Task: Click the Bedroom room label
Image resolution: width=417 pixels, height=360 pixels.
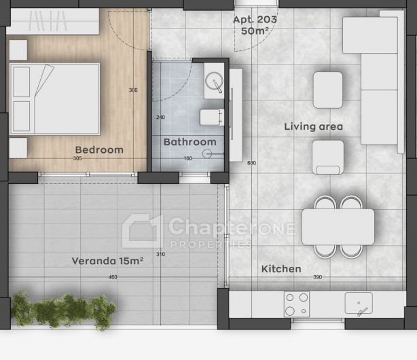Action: tap(99, 150)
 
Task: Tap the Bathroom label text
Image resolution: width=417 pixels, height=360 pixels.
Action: tap(190, 142)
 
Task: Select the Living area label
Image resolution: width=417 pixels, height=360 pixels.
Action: tap(314, 126)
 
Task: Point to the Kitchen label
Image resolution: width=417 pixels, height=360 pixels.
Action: tap(281, 269)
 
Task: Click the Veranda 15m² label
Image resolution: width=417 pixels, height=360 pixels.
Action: tap(107, 261)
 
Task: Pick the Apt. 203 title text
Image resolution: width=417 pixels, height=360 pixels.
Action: tap(255, 20)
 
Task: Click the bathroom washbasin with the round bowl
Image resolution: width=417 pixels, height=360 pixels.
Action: tap(214, 81)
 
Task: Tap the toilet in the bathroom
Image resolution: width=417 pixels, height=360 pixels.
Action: tap(212, 117)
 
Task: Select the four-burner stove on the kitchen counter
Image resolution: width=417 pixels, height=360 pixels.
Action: tap(297, 304)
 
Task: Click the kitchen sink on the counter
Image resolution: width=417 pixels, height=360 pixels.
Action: tap(359, 304)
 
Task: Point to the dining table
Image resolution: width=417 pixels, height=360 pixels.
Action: tap(338, 227)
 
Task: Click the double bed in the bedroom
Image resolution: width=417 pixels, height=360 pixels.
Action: tap(55, 99)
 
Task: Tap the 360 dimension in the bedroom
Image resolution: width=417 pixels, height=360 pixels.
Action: tap(133, 90)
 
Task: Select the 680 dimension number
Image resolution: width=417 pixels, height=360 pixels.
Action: tap(251, 163)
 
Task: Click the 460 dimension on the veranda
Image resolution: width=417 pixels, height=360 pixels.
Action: tap(113, 277)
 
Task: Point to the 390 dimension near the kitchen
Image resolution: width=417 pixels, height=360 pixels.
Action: tap(318, 277)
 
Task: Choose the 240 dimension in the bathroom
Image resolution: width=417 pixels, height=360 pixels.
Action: tap(161, 117)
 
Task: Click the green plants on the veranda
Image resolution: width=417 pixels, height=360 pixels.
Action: tap(63, 310)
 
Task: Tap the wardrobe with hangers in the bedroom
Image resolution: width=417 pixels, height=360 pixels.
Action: tap(53, 22)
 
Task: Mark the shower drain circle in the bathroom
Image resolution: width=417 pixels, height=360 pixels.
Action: tap(207, 154)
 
